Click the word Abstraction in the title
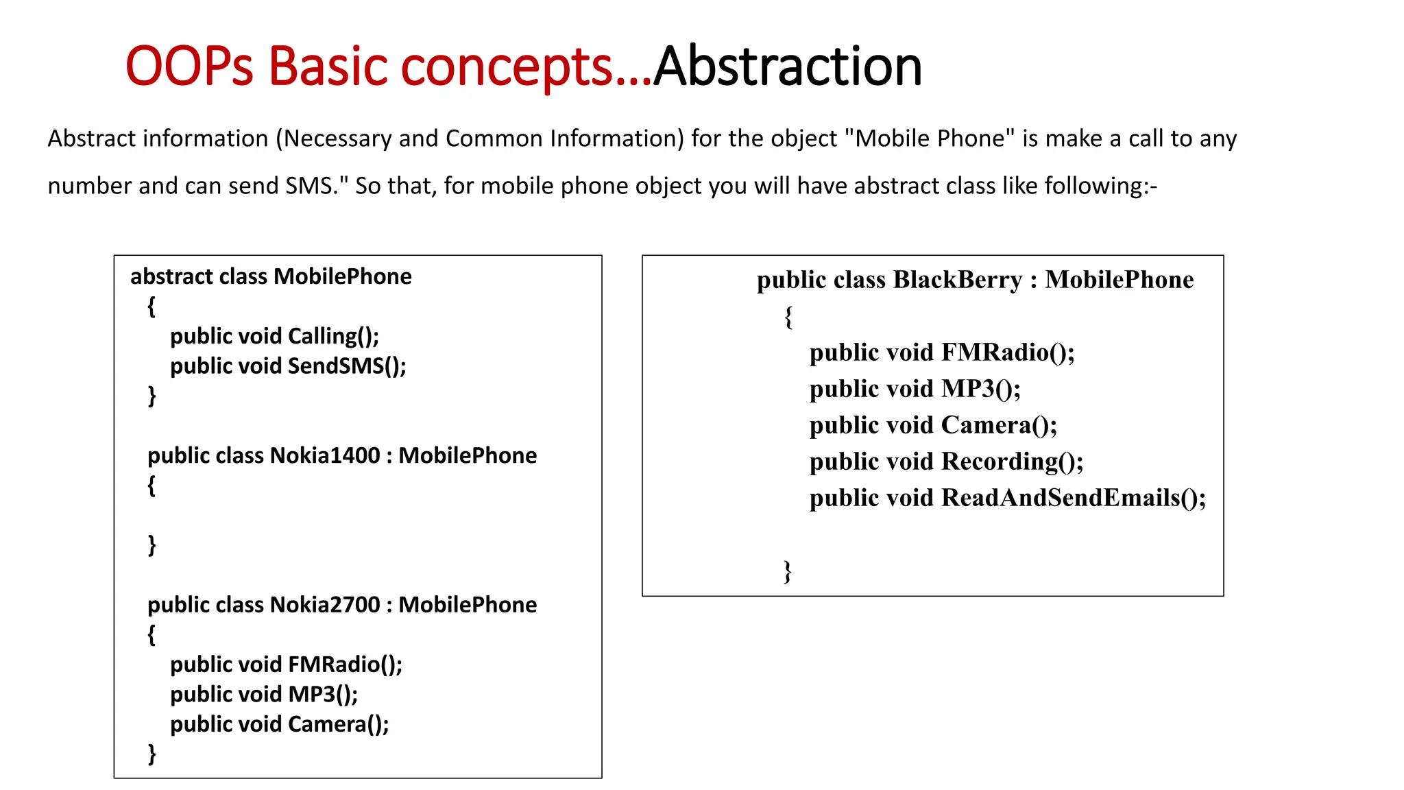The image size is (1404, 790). pyautogui.click(x=787, y=67)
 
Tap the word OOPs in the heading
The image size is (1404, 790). pyautogui.click(x=189, y=67)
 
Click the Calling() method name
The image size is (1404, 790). pyautogui.click(x=333, y=336)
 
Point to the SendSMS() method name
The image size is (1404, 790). pyautogui.click(x=346, y=366)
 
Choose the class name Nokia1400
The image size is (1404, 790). pyautogui.click(x=325, y=455)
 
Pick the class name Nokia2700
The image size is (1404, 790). pyautogui.click(x=325, y=605)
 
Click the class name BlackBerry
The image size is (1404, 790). pyautogui.click(x=958, y=280)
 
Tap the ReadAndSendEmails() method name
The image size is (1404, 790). pyautogui.click(x=1073, y=498)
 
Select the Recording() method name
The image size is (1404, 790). pyautogui.click(x=1012, y=462)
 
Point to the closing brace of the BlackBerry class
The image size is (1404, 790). pyautogui.click(x=788, y=571)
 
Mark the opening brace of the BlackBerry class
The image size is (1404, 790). pyautogui.click(x=789, y=317)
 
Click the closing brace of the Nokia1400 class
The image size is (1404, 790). pyautogui.click(x=152, y=545)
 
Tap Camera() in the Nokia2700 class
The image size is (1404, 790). pyautogui.click(x=338, y=724)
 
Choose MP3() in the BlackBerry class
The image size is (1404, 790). pyautogui.click(x=980, y=389)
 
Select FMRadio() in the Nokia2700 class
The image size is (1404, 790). pyautogui.click(x=345, y=665)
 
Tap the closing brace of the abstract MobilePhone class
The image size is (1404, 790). pyautogui.click(x=152, y=396)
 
